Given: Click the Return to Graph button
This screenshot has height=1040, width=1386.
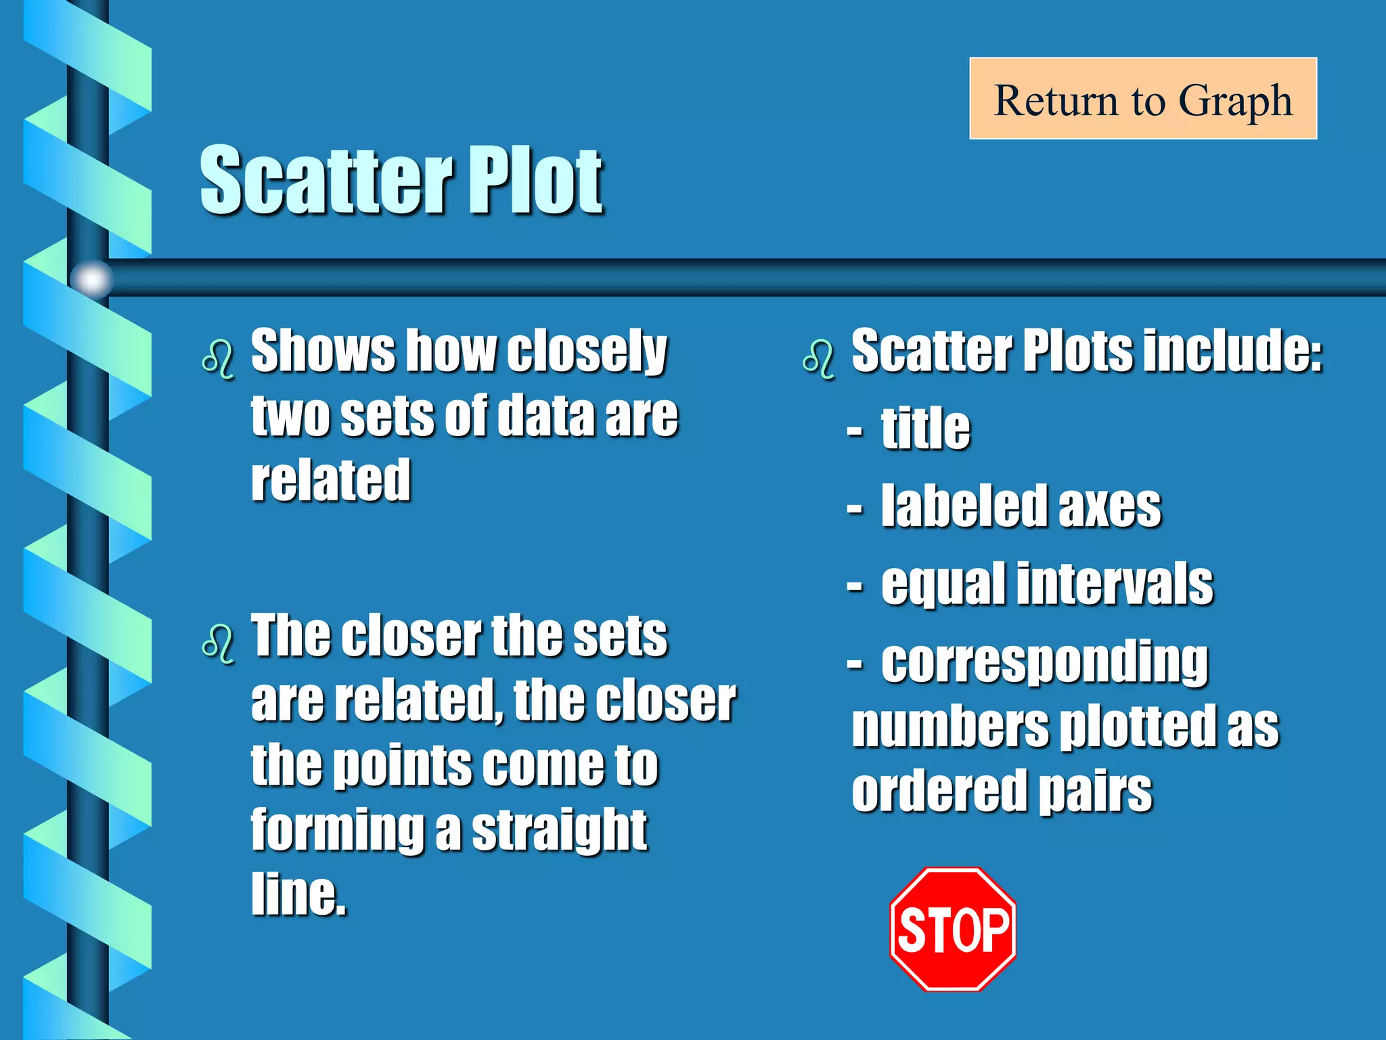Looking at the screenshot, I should click(1142, 99).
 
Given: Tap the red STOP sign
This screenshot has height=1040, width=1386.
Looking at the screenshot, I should click(953, 929).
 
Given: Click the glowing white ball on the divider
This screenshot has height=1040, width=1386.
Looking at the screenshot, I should click(91, 278).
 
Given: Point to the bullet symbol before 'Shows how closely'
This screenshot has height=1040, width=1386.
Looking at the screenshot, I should click(218, 359).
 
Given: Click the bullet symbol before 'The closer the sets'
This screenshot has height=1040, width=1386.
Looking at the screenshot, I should click(218, 643).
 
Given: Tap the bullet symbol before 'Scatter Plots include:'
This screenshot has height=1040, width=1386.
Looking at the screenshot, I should click(819, 359).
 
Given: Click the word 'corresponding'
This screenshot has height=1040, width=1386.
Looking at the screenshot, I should click(1044, 664).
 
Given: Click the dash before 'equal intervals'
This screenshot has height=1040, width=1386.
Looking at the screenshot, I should click(855, 586).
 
